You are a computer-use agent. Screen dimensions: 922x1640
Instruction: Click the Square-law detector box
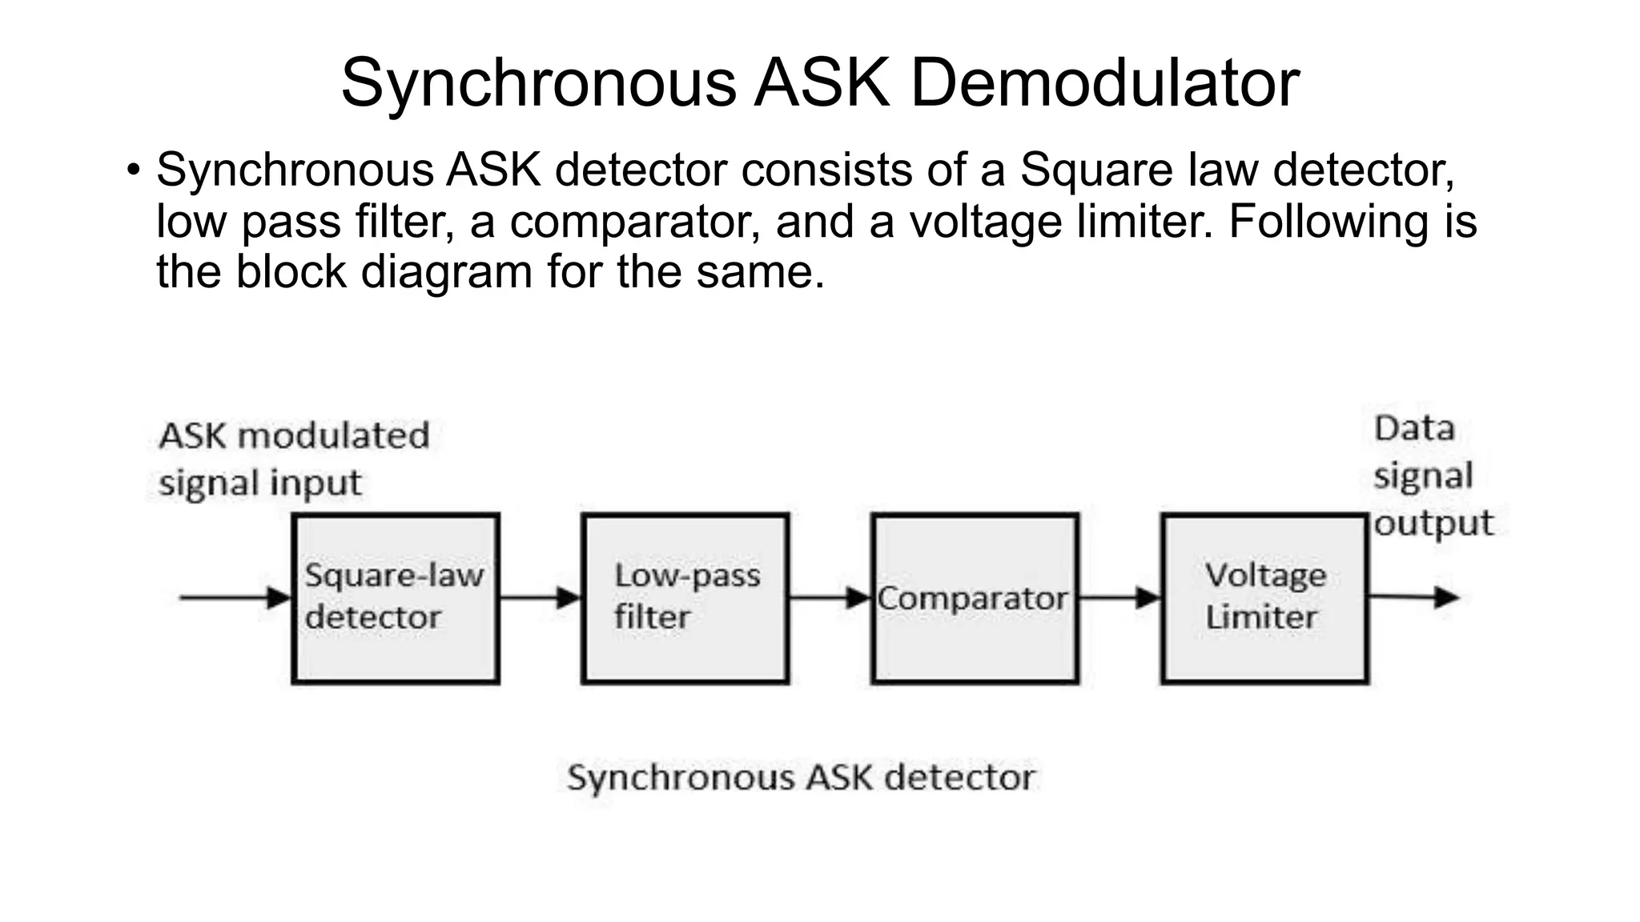click(396, 598)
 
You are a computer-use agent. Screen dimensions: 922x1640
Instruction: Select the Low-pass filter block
click(685, 598)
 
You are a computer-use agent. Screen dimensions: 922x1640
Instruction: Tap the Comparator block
click(975, 598)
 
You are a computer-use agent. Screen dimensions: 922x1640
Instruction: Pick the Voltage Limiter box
click(1264, 598)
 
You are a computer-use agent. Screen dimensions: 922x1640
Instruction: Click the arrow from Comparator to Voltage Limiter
click(1119, 597)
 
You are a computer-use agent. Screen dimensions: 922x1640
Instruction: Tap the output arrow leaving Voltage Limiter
click(1413, 597)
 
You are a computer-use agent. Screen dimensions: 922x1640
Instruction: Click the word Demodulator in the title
click(1104, 82)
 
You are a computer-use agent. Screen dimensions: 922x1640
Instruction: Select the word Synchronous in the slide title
click(537, 82)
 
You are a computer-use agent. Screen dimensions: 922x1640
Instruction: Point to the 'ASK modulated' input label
click(294, 436)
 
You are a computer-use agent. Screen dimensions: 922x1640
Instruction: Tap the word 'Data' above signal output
click(1414, 428)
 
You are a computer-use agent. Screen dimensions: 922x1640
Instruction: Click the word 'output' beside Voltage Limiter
click(1433, 523)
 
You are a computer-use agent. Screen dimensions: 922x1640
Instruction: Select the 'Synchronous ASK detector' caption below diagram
click(801, 778)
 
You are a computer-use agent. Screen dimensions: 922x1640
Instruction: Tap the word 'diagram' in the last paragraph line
click(446, 272)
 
